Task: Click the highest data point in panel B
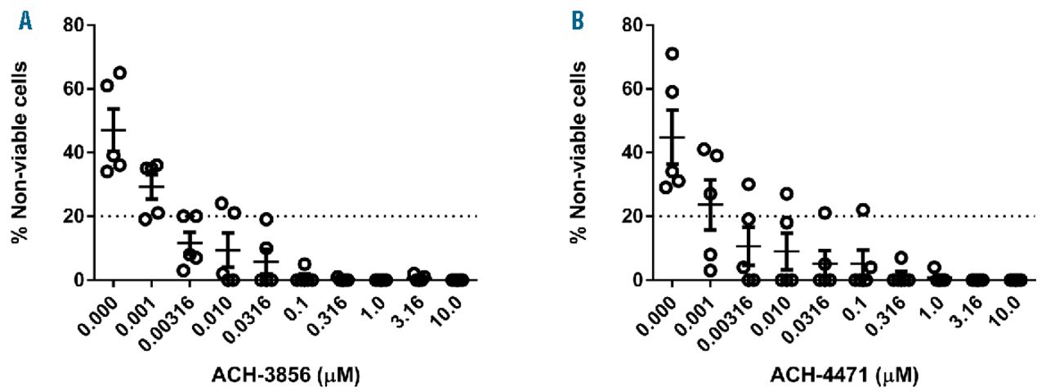(672, 54)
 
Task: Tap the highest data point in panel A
(119, 73)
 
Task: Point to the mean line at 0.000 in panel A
(114, 130)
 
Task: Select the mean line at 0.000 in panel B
(672, 137)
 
